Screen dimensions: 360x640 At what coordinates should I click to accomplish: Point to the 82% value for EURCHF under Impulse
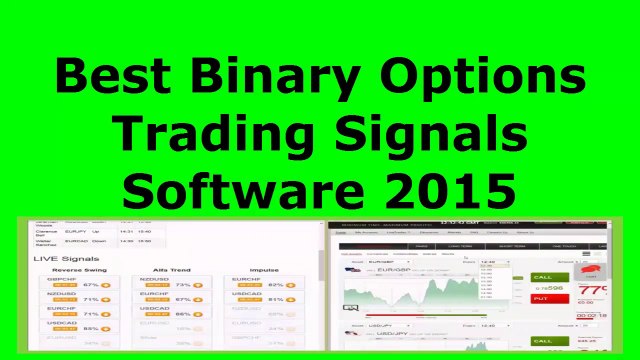click(275, 285)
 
